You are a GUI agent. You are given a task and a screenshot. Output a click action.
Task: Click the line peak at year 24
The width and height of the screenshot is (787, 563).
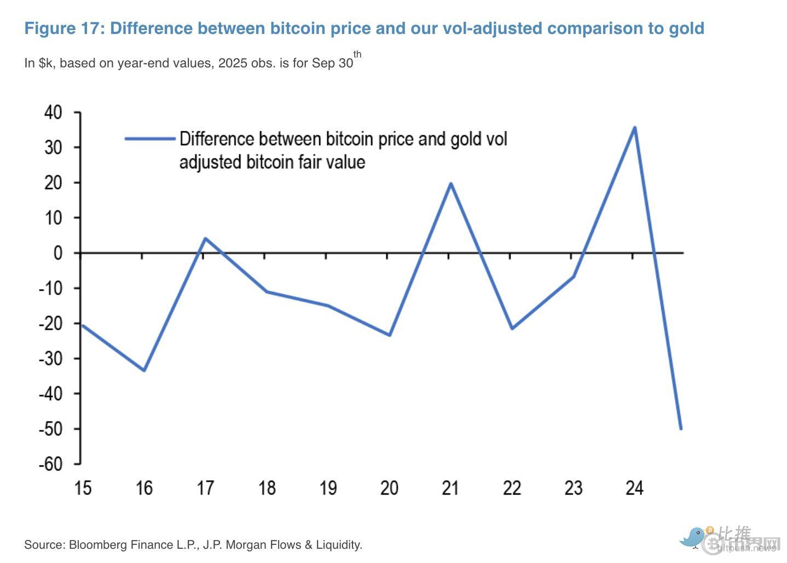tap(634, 128)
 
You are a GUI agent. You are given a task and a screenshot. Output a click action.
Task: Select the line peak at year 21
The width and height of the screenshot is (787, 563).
tap(450, 183)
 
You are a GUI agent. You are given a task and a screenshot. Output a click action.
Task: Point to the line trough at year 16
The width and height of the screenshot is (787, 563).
tap(144, 370)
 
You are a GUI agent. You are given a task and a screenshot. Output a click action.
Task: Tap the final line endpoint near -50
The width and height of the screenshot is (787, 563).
tap(681, 428)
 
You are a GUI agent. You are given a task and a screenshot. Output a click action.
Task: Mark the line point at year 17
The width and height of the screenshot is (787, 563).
tap(205, 238)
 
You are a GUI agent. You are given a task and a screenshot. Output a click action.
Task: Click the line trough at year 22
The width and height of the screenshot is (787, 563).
tap(512, 329)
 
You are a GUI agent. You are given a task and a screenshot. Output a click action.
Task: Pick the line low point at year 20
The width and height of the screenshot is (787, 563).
tap(389, 335)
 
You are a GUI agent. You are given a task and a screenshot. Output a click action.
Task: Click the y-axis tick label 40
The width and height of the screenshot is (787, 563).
tap(53, 112)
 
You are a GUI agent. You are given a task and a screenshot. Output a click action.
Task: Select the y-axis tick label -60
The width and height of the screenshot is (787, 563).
tap(50, 464)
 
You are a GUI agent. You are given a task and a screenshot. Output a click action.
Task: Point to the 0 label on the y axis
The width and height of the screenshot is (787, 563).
tap(58, 253)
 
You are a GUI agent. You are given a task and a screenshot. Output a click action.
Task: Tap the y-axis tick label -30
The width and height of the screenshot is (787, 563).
tap(50, 358)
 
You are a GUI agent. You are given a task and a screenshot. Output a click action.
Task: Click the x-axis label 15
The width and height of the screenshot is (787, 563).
tap(83, 487)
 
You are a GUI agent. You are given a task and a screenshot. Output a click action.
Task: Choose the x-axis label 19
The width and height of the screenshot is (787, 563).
tap(328, 487)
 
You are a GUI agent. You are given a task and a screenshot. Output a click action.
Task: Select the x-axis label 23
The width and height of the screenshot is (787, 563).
tap(573, 487)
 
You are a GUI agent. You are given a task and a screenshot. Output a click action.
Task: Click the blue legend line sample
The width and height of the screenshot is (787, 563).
tap(149, 139)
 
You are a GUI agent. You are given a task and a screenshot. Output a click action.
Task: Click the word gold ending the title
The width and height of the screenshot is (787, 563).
tap(686, 28)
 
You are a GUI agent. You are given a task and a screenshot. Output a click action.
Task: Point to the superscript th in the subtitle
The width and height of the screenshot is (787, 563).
tap(357, 54)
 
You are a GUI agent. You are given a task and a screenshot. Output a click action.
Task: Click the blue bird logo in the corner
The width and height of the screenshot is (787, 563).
tap(693, 536)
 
